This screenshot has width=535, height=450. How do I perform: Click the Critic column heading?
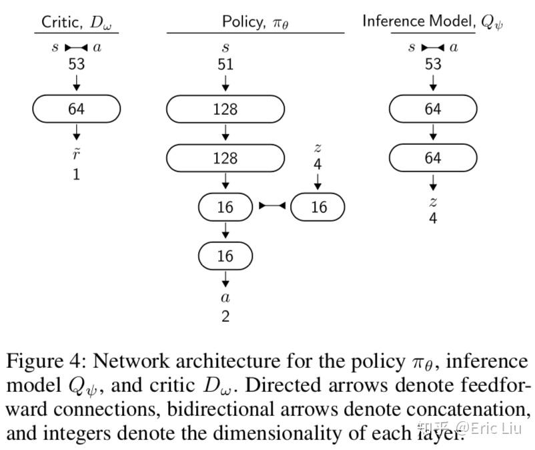pos(77,23)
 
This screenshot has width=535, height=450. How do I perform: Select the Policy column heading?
pos(255,22)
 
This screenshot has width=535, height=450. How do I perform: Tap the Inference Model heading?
pos(432,22)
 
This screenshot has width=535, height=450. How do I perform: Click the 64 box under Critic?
pos(77,109)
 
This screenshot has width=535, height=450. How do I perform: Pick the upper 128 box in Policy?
pos(225,109)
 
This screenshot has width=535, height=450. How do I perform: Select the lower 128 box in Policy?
pos(225,158)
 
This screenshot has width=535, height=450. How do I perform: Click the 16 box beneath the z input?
pos(318,207)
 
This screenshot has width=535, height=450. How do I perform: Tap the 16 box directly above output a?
pos(225,256)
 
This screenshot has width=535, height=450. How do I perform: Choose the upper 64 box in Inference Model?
pos(433,109)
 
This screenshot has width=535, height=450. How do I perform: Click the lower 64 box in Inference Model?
pos(433,158)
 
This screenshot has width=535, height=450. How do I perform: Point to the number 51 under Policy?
pos(225,64)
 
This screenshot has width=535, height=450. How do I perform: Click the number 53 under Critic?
pos(77,64)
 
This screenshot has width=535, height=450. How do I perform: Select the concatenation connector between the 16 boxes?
pos(272,206)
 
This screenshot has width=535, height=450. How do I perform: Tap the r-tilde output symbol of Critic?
pos(77,154)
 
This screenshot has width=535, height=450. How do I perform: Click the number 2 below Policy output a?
pos(225,316)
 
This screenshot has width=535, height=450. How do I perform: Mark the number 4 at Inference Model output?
pos(433,218)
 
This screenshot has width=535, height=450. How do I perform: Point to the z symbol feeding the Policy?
pos(318,148)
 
